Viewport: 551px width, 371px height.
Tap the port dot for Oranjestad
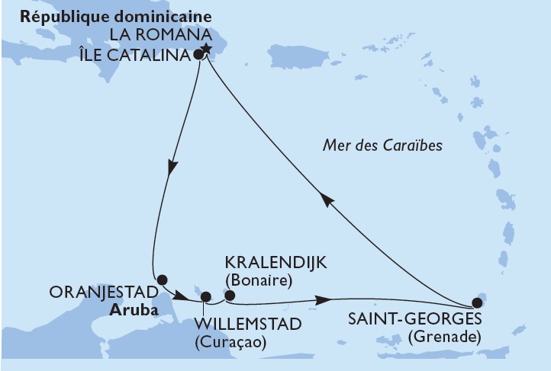tap(161, 280)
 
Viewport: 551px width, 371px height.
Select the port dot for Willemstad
tap(204, 298)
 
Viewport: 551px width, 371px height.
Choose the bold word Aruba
tap(129, 310)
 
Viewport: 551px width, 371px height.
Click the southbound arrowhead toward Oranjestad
tap(172, 167)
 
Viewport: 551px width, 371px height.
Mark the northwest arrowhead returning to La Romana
tap(326, 200)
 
